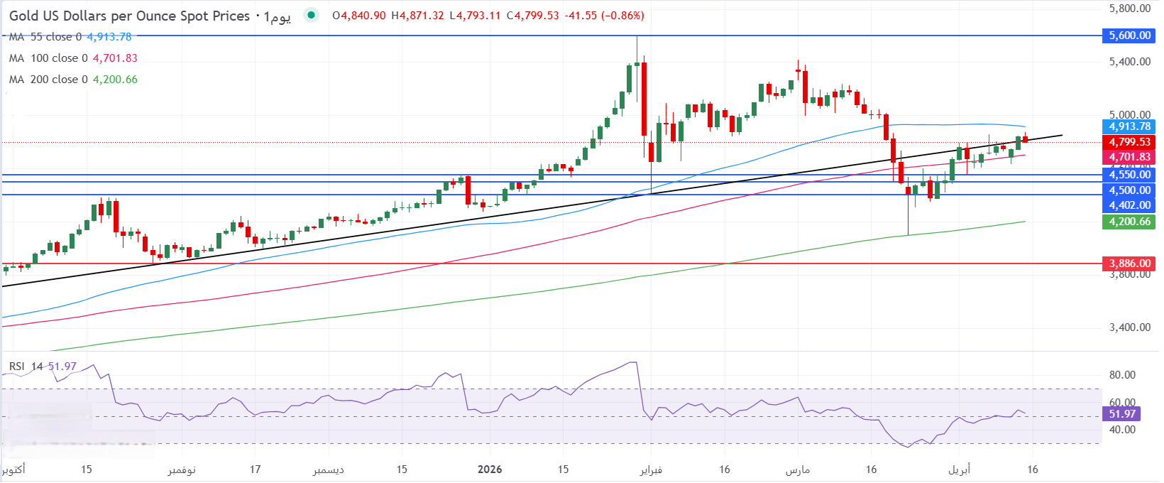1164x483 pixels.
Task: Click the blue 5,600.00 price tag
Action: pos(1129,36)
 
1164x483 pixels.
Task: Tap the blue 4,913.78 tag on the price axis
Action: pos(1129,126)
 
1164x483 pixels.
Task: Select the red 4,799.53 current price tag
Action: pos(1129,142)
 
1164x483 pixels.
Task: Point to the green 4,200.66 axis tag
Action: pos(1129,222)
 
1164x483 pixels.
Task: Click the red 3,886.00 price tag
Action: pos(1129,264)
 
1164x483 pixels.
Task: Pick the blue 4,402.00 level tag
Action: pos(1129,205)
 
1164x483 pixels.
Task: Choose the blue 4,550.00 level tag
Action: pos(1129,175)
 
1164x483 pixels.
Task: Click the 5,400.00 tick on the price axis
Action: pos(1129,62)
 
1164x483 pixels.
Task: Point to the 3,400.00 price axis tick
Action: pos(1129,327)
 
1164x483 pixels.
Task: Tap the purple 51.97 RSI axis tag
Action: pos(1122,414)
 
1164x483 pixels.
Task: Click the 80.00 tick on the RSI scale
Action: pos(1122,375)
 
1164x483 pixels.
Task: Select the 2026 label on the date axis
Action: pos(490,470)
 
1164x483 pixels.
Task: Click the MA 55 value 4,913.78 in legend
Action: pos(109,37)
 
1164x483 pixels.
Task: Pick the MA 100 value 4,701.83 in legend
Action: pos(115,58)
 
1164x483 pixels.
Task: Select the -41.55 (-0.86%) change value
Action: pos(605,16)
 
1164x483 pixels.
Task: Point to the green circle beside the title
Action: pos(310,16)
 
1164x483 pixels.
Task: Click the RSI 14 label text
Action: pos(26,367)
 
